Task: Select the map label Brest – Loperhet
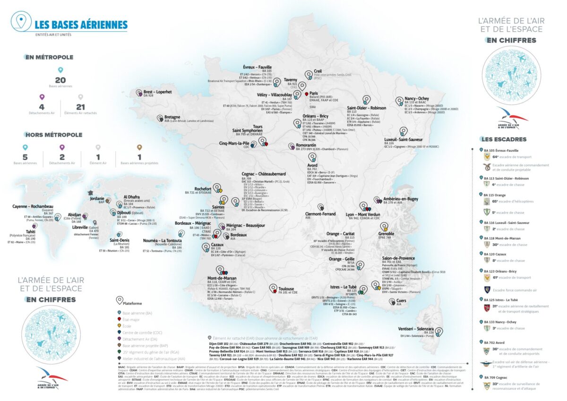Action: click(157, 91)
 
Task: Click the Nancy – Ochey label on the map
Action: click(417, 99)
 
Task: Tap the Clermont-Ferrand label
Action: click(321, 213)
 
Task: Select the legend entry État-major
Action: click(130, 319)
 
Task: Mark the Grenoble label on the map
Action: click(386, 233)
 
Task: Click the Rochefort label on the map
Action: click(206, 188)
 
